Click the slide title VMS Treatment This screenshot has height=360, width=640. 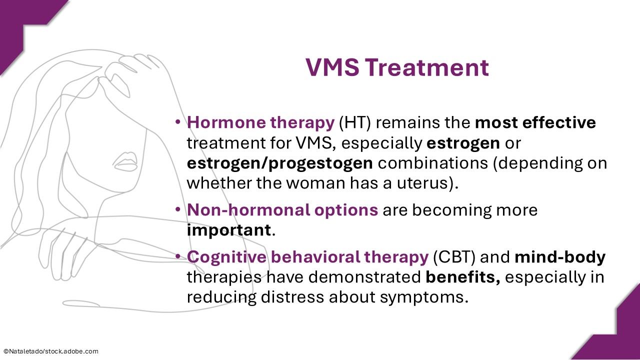tap(397, 67)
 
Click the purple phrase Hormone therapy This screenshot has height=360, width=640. tap(260, 122)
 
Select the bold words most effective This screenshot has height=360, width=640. tap(535, 122)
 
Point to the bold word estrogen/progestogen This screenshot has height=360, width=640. tap(279, 163)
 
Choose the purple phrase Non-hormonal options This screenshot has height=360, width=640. tap(282, 210)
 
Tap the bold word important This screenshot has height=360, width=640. tap(228, 230)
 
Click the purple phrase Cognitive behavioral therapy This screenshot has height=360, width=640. tap(307, 257)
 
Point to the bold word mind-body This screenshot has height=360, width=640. tap(559, 257)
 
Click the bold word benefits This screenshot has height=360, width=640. tap(463, 277)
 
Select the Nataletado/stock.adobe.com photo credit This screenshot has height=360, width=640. tap(50, 351)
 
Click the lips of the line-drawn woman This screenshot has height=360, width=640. tap(125, 162)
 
